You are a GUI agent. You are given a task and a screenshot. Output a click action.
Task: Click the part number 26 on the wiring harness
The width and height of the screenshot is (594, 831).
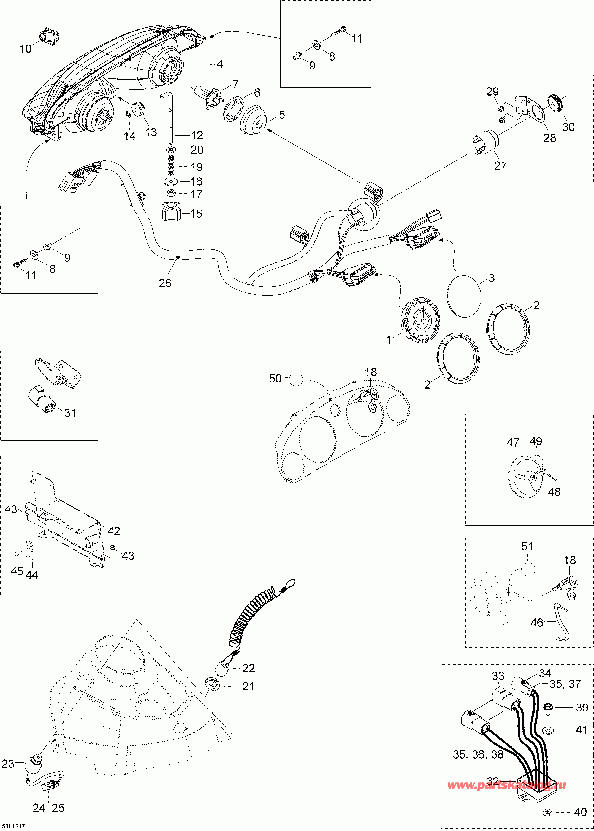pos(165,283)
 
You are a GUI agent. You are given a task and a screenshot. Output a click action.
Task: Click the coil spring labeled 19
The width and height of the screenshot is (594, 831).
pos(170,165)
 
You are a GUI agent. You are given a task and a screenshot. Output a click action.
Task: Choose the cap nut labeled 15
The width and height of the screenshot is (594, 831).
pos(171,212)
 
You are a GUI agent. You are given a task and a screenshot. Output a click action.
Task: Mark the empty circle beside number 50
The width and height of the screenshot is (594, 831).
pos(296,379)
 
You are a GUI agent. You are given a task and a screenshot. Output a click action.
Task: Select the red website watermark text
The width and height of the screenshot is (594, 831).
pos(507,784)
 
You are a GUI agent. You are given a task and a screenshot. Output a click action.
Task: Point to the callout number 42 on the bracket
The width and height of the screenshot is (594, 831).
pos(113,531)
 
